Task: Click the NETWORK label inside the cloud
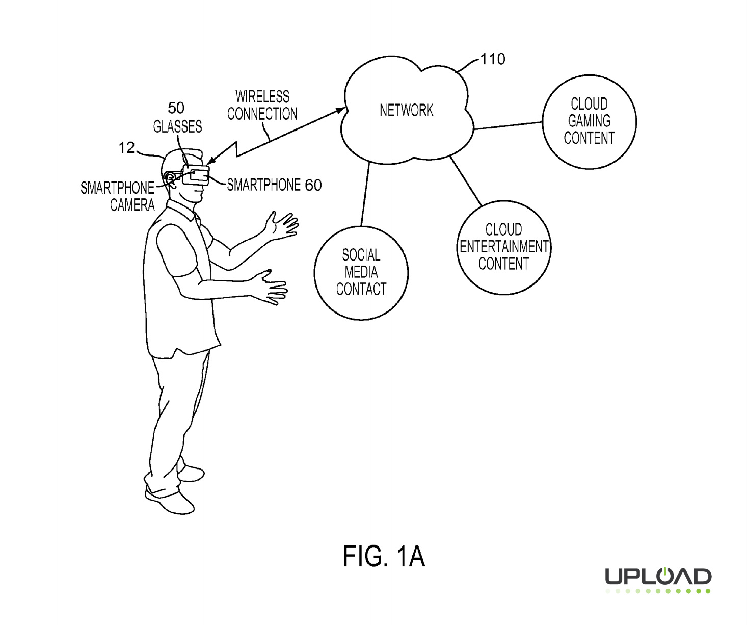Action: tap(406, 110)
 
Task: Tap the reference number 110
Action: tap(492, 59)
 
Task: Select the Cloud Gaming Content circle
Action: tap(589, 121)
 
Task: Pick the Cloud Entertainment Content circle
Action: tap(503, 247)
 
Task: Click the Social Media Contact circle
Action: tap(361, 273)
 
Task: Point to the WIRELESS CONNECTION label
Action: tap(262, 106)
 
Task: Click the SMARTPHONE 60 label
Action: tap(274, 185)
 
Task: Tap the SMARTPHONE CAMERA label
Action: tap(118, 196)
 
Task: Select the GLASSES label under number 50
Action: tap(177, 126)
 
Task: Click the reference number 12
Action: tap(126, 148)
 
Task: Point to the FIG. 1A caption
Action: tap(384, 556)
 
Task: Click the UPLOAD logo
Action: tap(658, 579)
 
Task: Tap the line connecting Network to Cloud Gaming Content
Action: tap(508, 125)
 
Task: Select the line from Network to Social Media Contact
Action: tap(365, 194)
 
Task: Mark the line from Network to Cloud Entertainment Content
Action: tap(466, 181)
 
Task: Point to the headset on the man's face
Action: tap(195, 175)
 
